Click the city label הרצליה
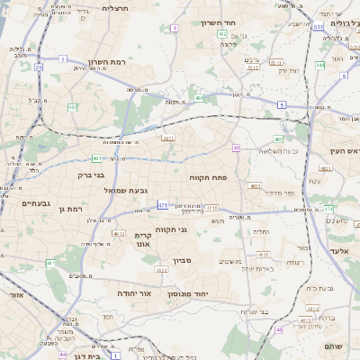[116, 8]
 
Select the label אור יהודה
[133, 293]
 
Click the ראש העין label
[343, 151]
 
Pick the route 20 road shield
[39, 67]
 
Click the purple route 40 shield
[236, 148]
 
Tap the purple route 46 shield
[279, 329]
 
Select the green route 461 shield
[50, 263]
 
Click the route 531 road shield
[318, 26]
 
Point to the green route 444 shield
[319, 65]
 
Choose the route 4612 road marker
[119, 234]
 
